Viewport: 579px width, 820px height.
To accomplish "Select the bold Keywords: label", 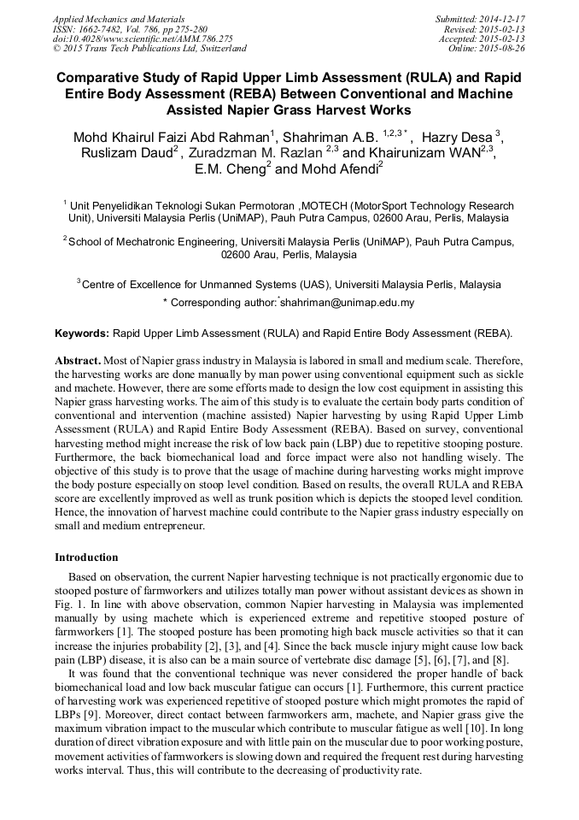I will point(82,332).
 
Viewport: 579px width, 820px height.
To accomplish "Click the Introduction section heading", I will point(86,557).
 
